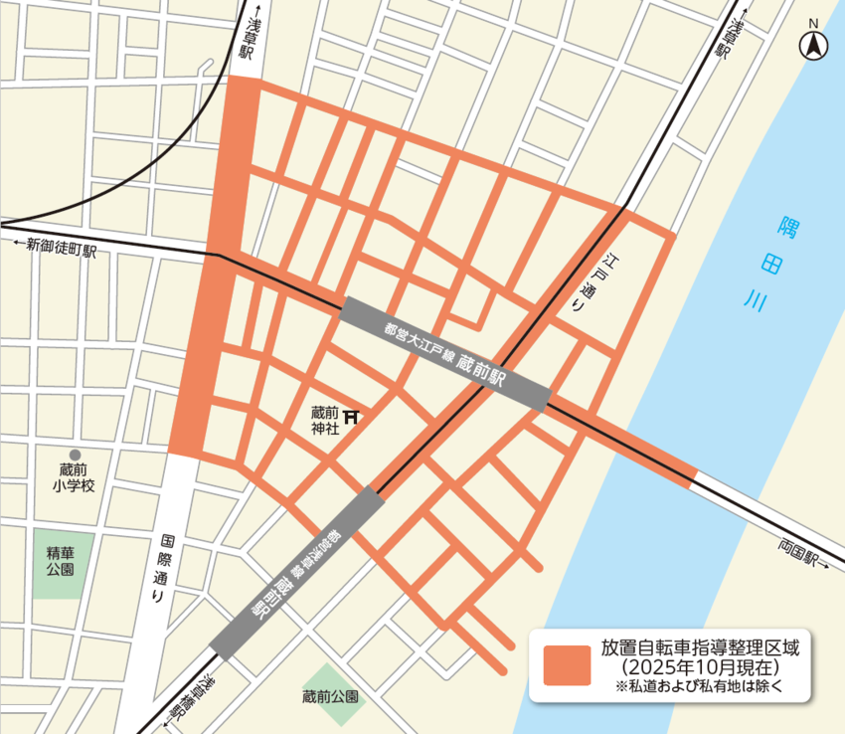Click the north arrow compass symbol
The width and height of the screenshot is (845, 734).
pos(812,44)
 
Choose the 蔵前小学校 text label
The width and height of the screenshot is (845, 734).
pos(74,477)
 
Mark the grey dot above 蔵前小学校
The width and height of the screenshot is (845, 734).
pos(75,454)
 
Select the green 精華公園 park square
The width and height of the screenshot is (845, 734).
pos(64,565)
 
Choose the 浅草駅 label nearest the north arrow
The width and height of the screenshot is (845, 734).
pos(737,40)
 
